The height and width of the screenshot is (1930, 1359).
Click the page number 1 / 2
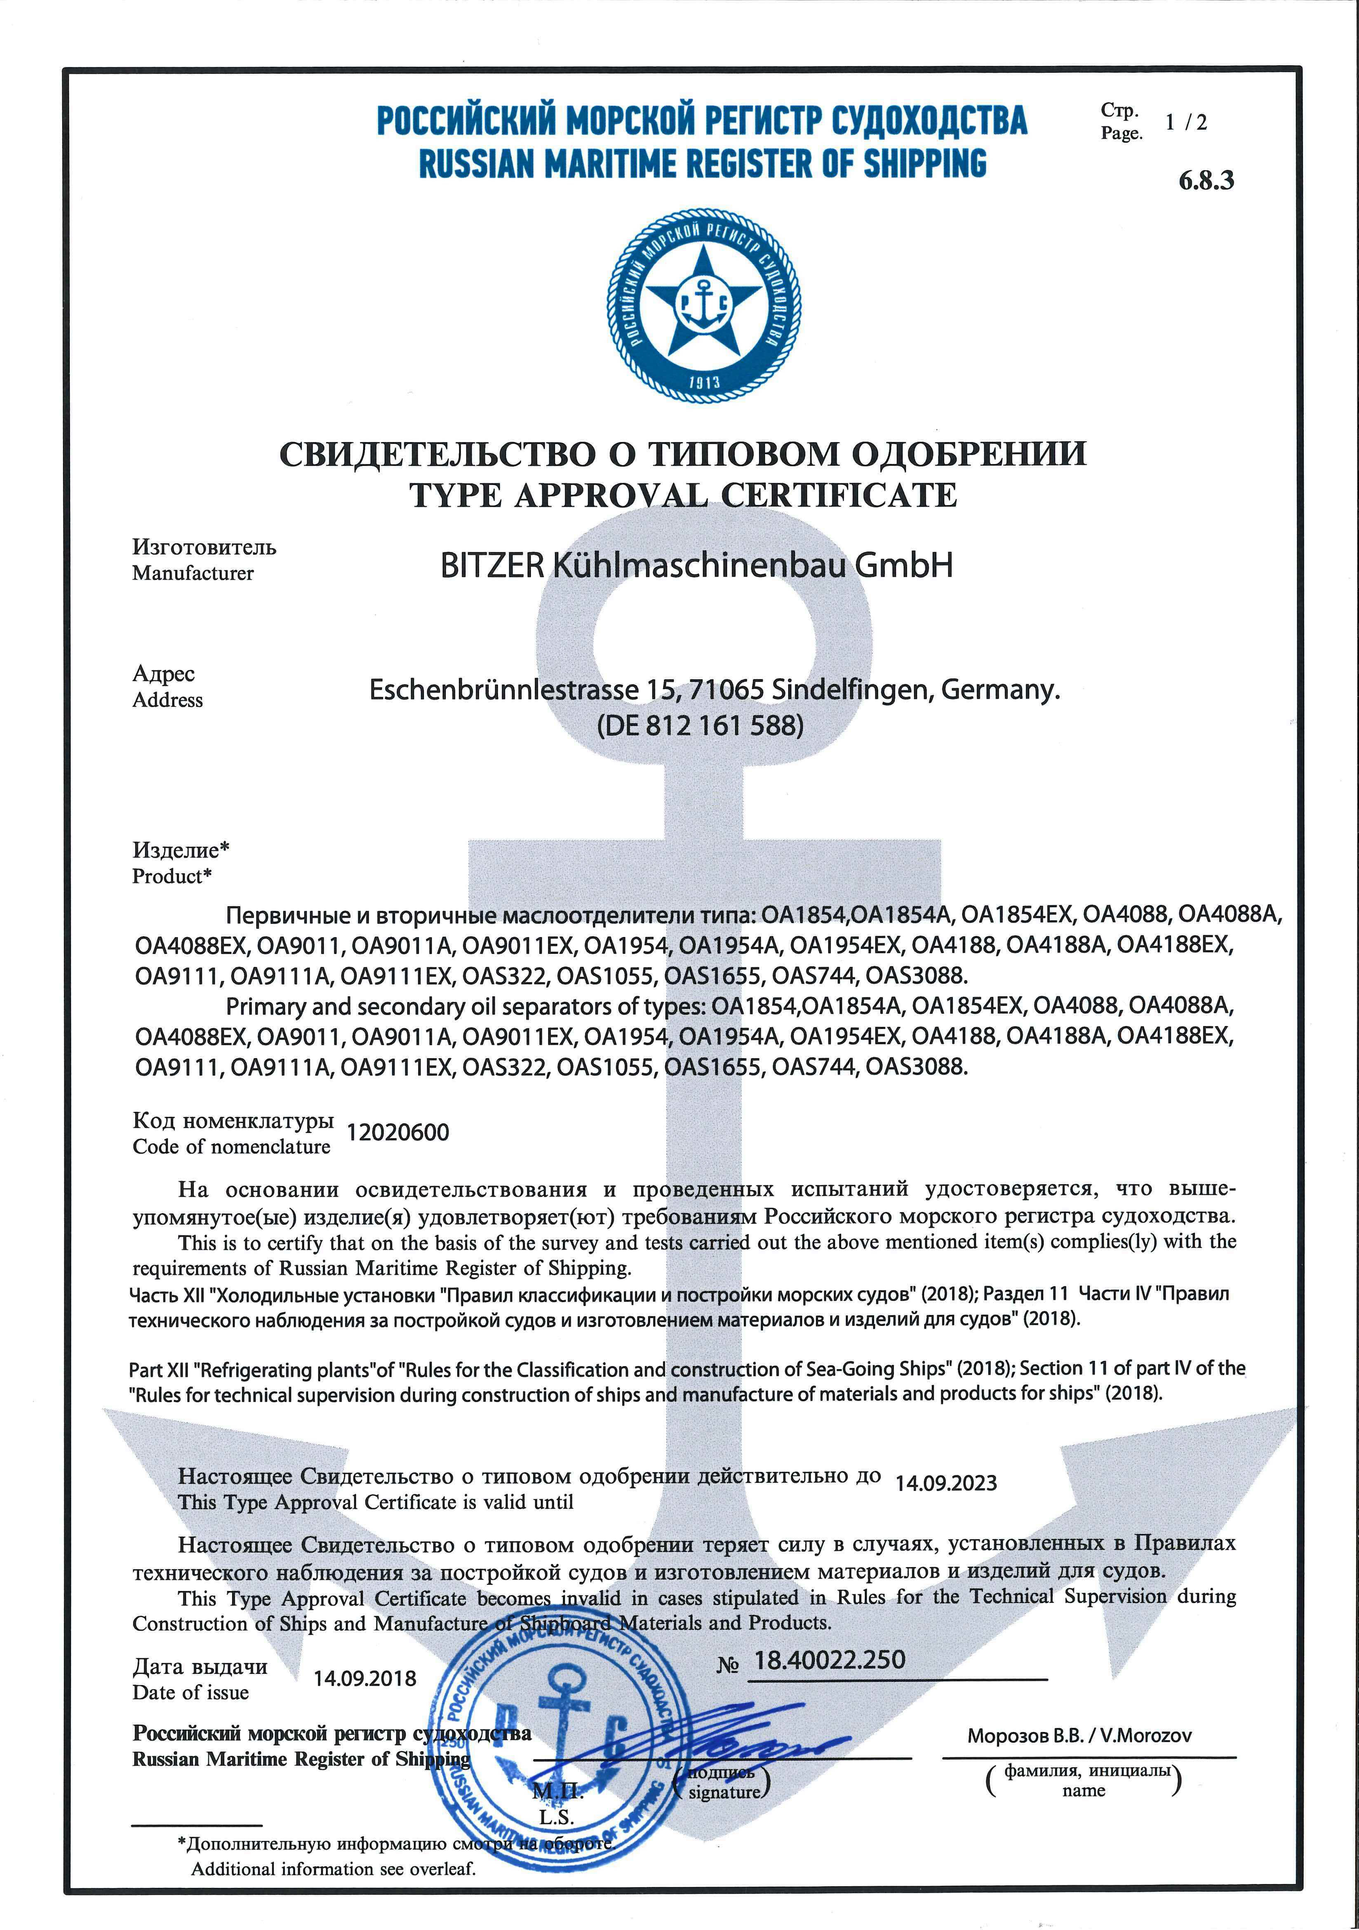point(1186,123)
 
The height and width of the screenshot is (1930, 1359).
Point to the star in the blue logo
point(704,303)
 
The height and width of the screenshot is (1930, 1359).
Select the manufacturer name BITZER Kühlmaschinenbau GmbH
point(697,566)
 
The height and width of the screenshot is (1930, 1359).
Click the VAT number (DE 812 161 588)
point(700,725)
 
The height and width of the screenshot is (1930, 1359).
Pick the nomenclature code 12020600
point(397,1133)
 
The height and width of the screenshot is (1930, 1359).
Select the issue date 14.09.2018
point(365,1679)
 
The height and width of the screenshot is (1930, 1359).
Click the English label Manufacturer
point(193,573)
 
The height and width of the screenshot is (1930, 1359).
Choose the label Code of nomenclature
point(231,1146)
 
